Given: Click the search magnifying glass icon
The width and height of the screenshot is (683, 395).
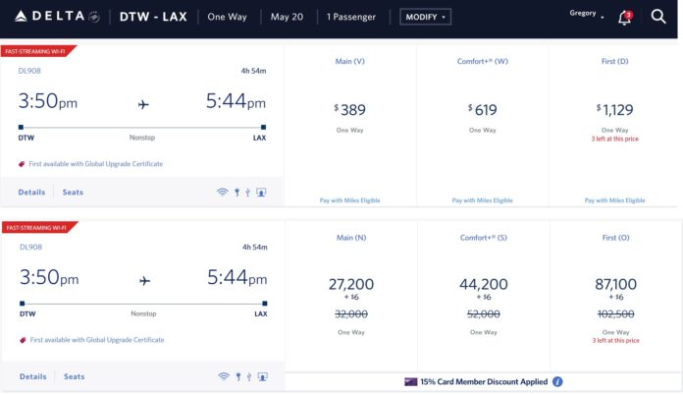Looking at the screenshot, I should click(x=657, y=17).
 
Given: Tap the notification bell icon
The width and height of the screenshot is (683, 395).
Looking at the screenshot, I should click(x=624, y=18).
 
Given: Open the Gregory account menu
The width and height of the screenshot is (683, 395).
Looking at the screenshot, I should click(x=587, y=14).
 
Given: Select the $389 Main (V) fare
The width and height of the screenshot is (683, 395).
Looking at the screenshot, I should click(x=349, y=110).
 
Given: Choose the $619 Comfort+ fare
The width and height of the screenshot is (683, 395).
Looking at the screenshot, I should click(x=483, y=110).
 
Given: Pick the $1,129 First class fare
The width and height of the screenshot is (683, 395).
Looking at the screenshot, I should click(x=615, y=110).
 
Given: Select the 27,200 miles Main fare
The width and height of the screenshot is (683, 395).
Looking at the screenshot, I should click(x=350, y=284).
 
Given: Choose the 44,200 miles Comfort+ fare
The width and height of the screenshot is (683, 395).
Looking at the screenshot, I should click(x=483, y=284).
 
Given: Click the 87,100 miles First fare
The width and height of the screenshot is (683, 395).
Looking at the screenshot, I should click(x=615, y=284).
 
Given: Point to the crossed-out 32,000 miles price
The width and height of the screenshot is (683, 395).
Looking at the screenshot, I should click(x=350, y=314).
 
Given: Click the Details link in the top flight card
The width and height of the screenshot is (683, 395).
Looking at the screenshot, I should click(x=32, y=193).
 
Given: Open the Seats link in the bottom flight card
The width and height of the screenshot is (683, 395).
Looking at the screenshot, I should click(x=75, y=376).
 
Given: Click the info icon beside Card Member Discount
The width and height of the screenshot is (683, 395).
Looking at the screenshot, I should click(x=557, y=381).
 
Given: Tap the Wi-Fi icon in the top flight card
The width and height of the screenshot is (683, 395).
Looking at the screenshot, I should click(x=223, y=193).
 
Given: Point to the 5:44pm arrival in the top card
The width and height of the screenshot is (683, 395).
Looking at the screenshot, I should click(x=236, y=102).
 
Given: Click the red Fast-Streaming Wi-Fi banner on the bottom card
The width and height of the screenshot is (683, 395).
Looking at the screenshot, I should click(x=37, y=228).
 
